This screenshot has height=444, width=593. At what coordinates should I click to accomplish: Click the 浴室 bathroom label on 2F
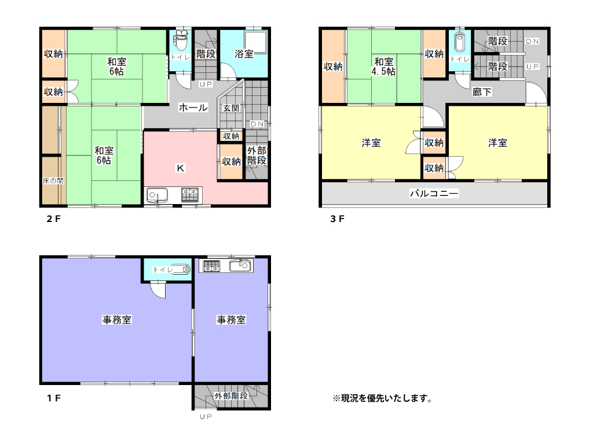coord(244,54)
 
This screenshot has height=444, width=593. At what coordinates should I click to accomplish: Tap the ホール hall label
coord(193,108)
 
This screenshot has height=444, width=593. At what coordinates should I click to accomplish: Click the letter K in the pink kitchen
coord(180,168)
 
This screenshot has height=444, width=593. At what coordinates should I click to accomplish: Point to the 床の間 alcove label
coord(53,180)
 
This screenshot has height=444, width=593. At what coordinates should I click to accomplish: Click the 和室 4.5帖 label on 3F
coord(383,66)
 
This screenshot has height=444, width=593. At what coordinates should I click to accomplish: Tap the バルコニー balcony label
coord(434,194)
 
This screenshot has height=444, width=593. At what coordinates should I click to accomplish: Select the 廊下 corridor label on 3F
coord(482,92)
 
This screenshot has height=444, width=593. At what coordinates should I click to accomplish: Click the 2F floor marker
coord(53,219)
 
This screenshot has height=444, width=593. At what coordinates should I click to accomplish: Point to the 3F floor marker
coord(338,219)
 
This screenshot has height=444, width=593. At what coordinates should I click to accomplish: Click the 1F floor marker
coord(53,398)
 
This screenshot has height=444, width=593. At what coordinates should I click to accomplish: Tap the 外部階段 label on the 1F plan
coord(231,396)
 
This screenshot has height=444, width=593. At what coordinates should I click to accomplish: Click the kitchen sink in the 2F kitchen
coord(156,195)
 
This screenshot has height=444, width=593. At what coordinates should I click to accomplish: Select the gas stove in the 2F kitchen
coord(190,195)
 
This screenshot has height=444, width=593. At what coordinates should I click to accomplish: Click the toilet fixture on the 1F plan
coord(181,269)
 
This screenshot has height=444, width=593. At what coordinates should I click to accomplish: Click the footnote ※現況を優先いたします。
coord(382,398)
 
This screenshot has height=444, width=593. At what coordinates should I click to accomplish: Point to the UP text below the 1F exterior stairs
coord(205,417)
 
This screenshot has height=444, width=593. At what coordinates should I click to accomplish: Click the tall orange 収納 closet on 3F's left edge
coord(333,66)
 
